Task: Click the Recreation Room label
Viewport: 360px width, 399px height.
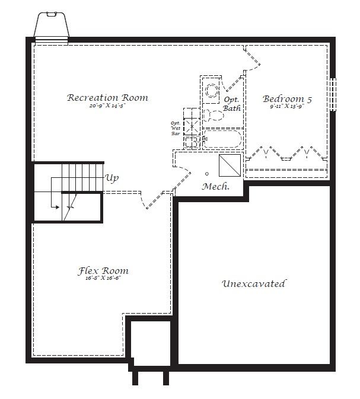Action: point(107,98)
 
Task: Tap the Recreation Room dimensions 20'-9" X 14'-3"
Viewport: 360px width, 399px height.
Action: point(107,107)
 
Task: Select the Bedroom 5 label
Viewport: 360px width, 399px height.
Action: point(287,99)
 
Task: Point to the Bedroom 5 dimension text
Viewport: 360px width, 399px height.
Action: point(287,107)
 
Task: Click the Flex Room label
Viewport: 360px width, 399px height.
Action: point(103,271)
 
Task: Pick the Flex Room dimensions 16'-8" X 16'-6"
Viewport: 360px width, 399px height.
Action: point(103,279)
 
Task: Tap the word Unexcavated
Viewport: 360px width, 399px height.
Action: point(254,283)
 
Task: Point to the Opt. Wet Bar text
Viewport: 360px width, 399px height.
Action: point(176,129)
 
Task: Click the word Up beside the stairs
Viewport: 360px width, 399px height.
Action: point(111,177)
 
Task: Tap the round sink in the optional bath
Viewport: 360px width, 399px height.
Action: point(210,91)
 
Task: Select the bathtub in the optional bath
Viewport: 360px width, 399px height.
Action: point(222,141)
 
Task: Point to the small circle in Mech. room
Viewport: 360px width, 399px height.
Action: point(207,174)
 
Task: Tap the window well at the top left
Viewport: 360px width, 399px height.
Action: point(52,26)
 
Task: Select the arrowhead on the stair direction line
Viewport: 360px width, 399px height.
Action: point(56,208)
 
